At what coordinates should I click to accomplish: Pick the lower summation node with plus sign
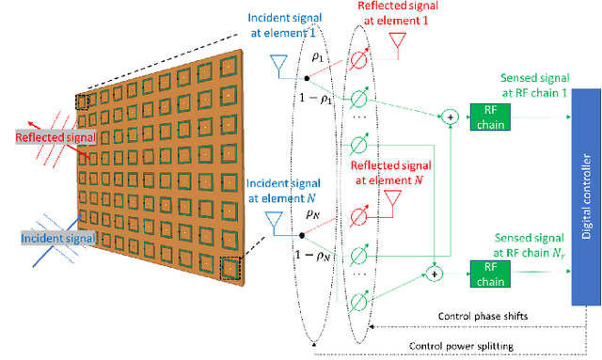(434, 275)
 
